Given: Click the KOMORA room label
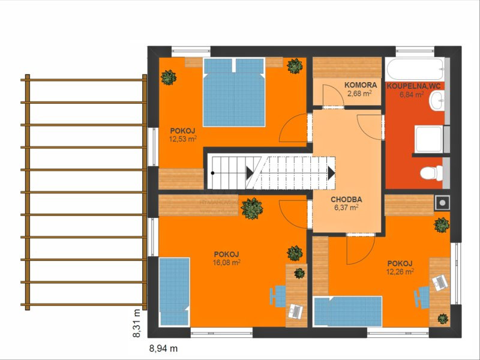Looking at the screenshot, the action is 361,85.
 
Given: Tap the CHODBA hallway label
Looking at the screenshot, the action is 346,200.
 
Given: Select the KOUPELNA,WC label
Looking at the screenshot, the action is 413,86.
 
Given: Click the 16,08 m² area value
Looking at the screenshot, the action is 227,262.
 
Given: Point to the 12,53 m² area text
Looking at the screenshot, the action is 183,139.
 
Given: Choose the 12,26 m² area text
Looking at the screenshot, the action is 400,271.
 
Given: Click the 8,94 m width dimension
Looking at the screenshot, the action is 163,349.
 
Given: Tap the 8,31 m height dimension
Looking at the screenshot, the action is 137,323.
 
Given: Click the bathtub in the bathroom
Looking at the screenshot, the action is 415,69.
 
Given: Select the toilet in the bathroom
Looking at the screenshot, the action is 431,173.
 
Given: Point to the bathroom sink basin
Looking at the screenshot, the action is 437,100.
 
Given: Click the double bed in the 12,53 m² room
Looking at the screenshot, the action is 234,92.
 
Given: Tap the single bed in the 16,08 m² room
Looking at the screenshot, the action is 174,292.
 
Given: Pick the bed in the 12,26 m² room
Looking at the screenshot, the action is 347,311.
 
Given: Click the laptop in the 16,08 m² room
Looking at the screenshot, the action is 295,311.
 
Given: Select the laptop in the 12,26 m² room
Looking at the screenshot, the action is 440,283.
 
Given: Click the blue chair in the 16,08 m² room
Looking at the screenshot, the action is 278,296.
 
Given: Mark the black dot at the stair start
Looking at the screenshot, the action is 212,173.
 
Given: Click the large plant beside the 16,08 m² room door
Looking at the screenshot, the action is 252,208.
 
